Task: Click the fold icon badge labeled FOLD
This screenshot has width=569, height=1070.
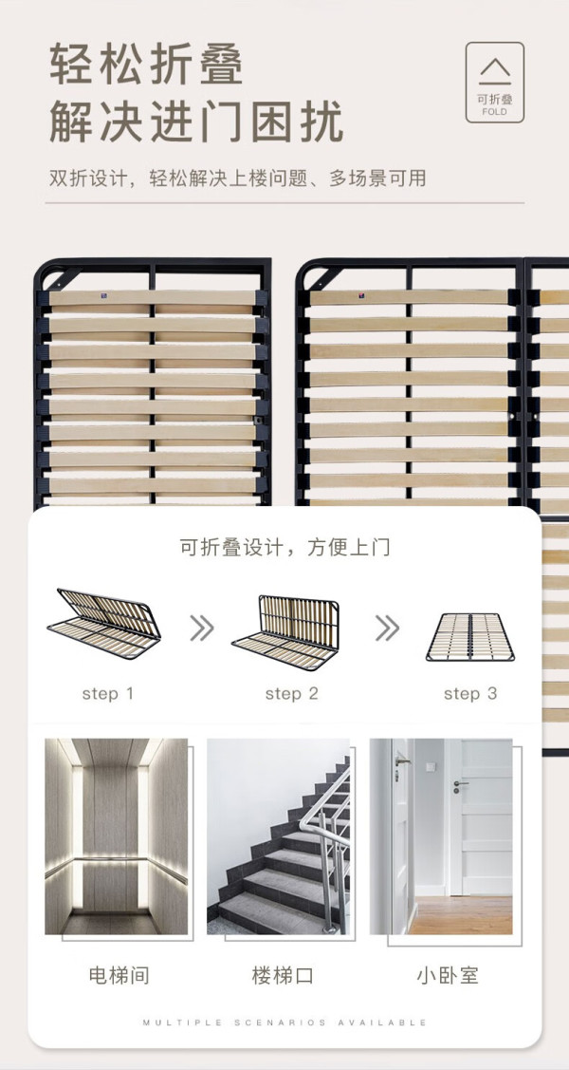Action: pyautogui.click(x=495, y=83)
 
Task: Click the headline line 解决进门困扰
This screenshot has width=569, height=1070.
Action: pyautogui.click(x=196, y=122)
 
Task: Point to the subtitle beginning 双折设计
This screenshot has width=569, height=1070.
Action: pyautogui.click(x=238, y=178)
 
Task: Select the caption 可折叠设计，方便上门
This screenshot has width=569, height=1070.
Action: pyautogui.click(x=284, y=548)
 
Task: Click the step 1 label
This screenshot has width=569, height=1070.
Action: pyautogui.click(x=108, y=694)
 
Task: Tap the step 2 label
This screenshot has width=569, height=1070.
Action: pyautogui.click(x=292, y=694)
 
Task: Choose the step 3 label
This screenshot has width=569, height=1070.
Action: pyautogui.click(x=470, y=694)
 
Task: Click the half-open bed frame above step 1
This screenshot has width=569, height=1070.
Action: pyautogui.click(x=104, y=624)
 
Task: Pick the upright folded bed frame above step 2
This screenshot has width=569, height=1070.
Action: pyautogui.click(x=285, y=632)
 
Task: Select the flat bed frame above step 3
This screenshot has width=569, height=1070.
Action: pyautogui.click(x=470, y=637)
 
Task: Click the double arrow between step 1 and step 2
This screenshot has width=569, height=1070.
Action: pyautogui.click(x=202, y=628)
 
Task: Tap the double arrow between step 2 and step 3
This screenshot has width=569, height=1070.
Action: pyautogui.click(x=387, y=628)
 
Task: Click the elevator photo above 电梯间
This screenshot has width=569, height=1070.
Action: pyautogui.click(x=117, y=836)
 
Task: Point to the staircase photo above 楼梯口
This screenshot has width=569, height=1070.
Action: pyautogui.click(x=278, y=836)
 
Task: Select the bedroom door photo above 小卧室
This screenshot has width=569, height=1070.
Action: pyautogui.click(x=441, y=836)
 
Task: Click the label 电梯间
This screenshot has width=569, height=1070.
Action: pyautogui.click(x=119, y=975)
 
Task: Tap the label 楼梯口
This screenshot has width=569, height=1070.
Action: pyautogui.click(x=283, y=975)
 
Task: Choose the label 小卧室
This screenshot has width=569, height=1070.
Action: pyautogui.click(x=448, y=975)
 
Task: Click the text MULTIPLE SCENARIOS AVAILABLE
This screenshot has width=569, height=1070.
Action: pyautogui.click(x=284, y=1023)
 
